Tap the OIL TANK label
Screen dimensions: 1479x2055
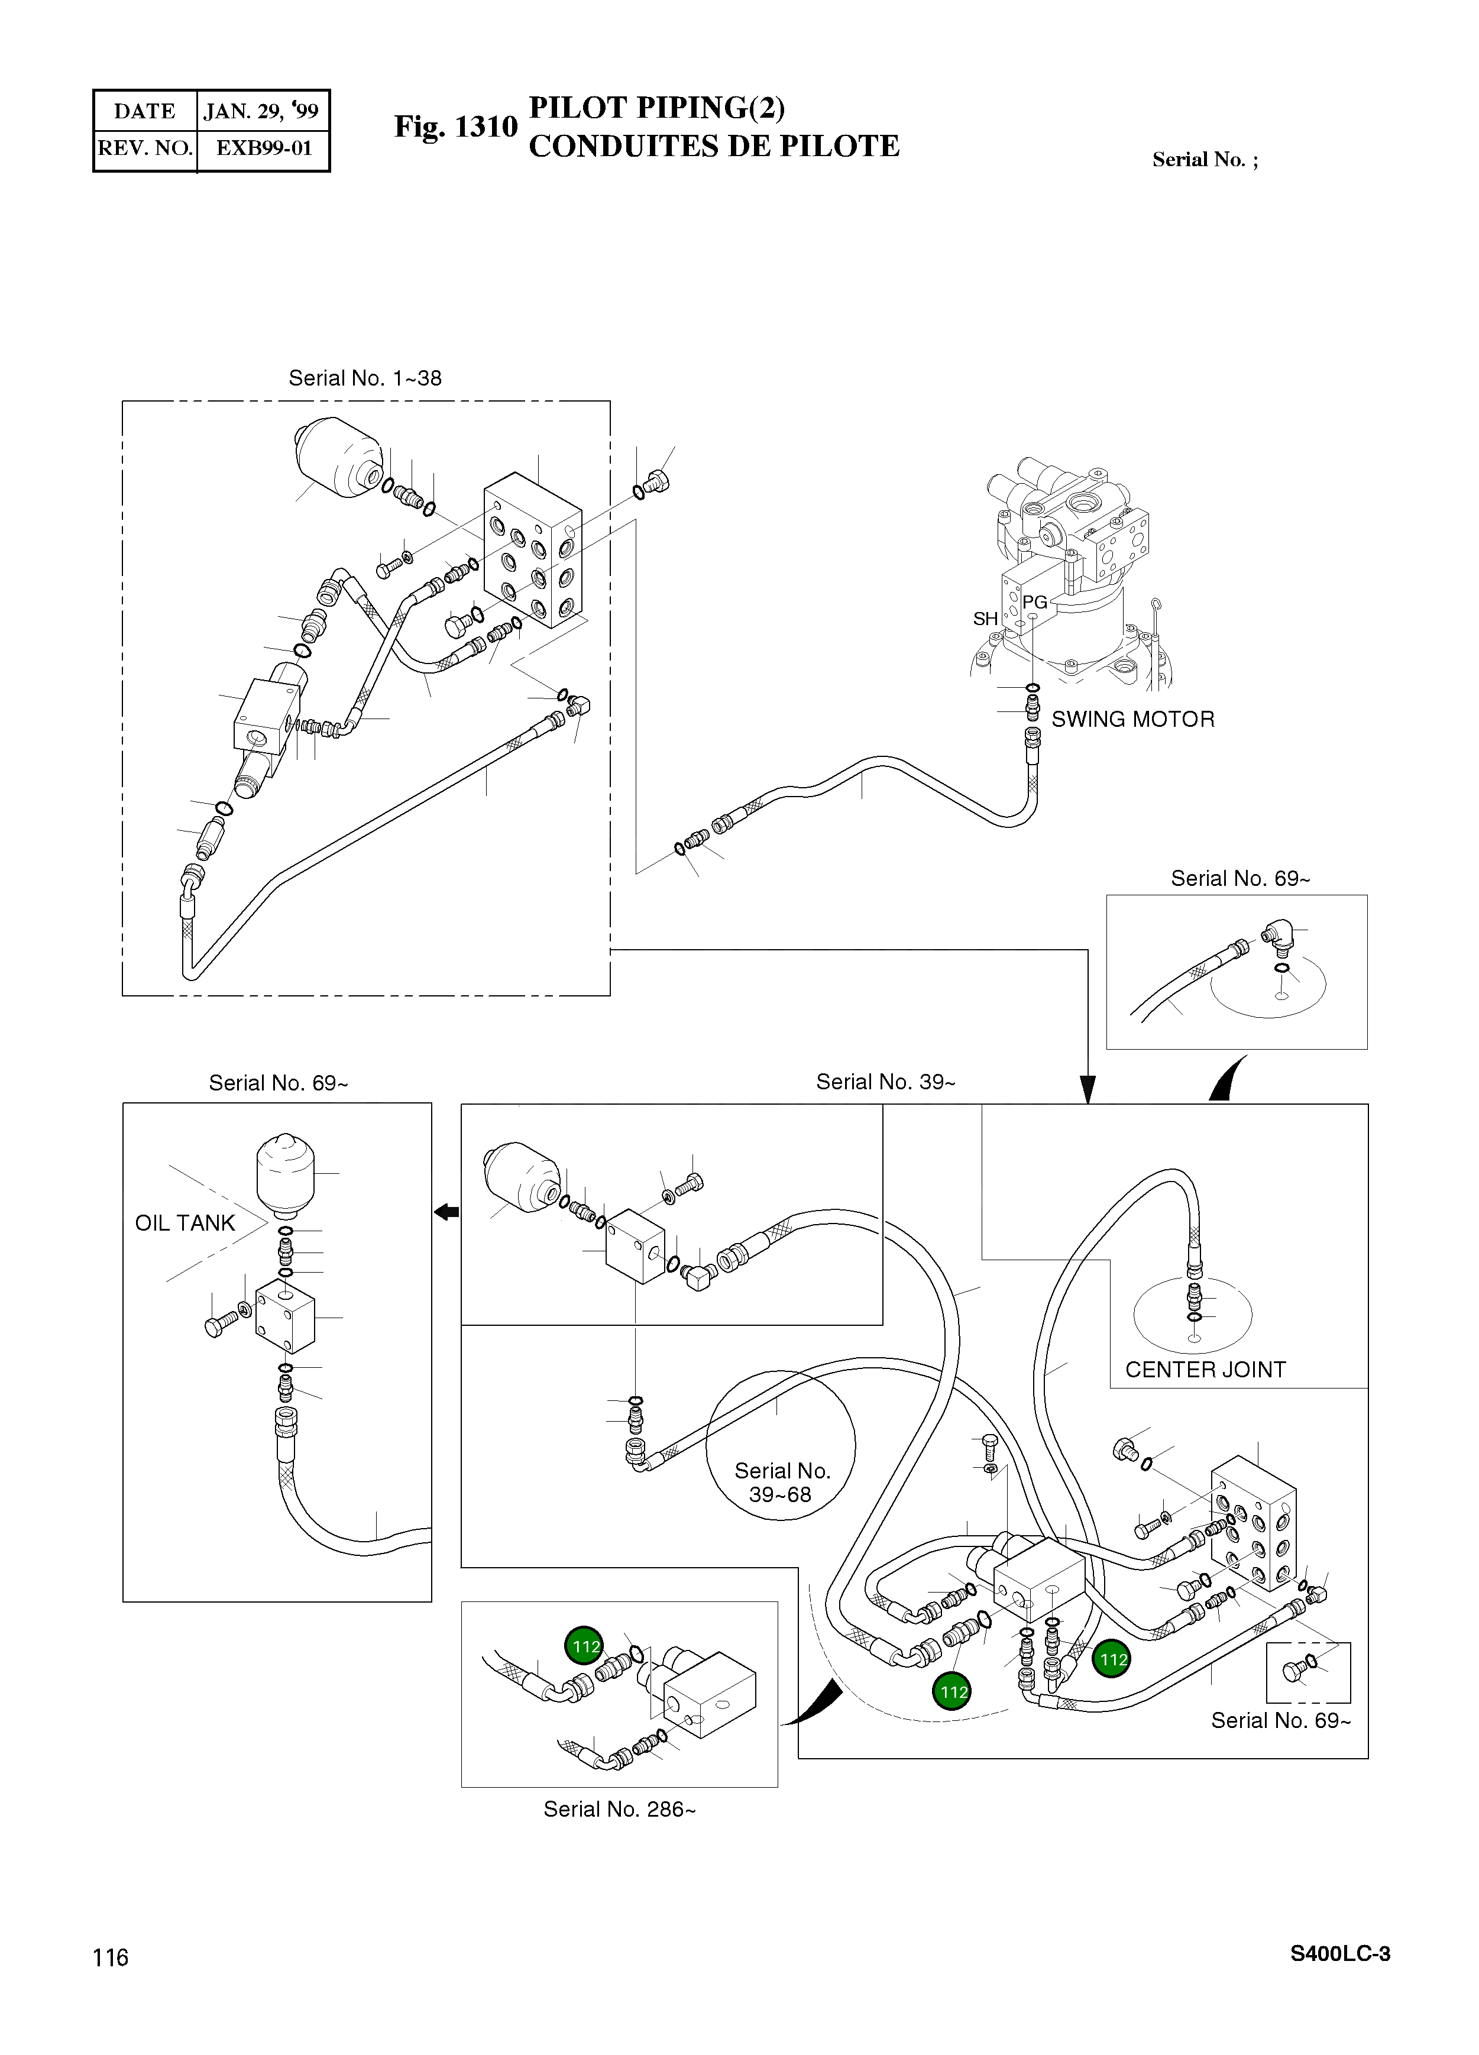[x=185, y=1222]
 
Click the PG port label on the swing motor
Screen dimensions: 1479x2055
[x=1034, y=601]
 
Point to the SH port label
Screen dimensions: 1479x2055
[x=985, y=618]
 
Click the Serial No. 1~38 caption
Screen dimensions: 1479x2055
[x=365, y=378]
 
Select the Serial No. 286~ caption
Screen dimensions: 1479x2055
[x=620, y=1810]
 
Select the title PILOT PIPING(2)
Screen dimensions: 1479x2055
[x=657, y=107]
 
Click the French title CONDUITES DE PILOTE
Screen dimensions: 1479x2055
[x=714, y=146]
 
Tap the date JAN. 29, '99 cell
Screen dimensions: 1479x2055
[x=262, y=111]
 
